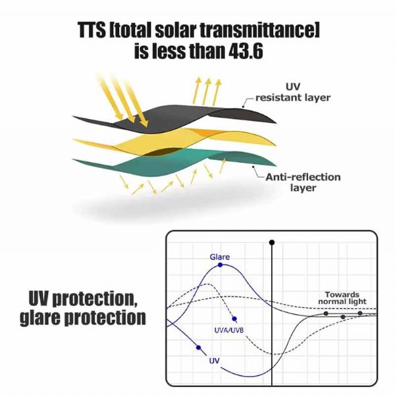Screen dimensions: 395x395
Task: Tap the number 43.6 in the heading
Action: pos(241,51)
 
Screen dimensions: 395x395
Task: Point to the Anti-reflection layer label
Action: pos(303,182)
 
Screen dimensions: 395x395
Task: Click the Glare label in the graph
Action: pos(220,256)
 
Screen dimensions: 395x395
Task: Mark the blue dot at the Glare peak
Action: pos(220,265)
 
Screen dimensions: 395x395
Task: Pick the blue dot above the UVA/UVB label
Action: pos(234,319)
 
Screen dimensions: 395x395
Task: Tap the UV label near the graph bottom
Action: pos(214,361)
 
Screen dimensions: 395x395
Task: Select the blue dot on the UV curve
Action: pos(197,348)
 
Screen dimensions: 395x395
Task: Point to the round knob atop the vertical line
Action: pos(272,244)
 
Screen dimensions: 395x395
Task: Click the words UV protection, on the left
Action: pos(82,298)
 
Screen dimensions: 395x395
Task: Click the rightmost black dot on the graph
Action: pos(359,313)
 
